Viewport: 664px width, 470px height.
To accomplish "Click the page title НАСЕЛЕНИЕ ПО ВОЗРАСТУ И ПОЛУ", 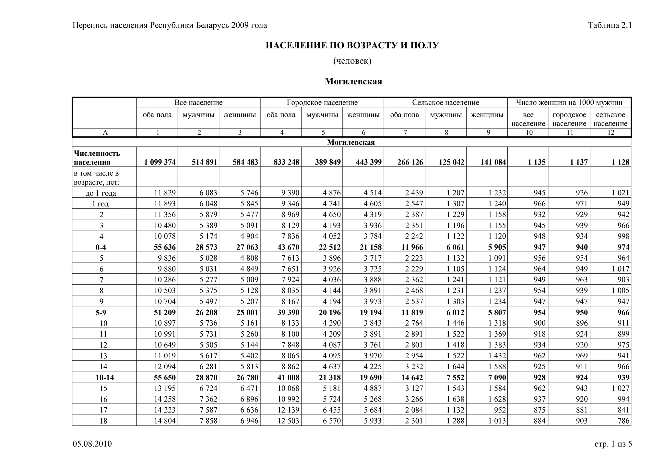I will coord(352,45).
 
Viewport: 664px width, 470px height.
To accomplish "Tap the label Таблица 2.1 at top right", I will coord(610,25).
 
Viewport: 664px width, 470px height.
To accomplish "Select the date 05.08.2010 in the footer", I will coord(92,444).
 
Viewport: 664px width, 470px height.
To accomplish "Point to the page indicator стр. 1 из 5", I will coord(613,444).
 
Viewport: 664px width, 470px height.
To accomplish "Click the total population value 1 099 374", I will coord(160,162).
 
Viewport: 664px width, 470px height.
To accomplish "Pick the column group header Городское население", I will coord(322,103).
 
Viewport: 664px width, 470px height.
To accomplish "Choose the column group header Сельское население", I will coord(445,103).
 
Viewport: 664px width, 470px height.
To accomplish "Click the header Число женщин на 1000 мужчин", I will coord(569,103).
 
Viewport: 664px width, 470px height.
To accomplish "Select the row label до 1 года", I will coord(101,193).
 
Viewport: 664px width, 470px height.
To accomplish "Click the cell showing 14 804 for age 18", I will coord(165,421).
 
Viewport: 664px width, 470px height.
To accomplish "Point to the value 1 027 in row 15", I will coord(620,388).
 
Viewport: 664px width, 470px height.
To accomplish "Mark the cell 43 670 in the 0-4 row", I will coord(286,247).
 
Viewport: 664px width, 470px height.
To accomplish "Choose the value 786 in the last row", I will coord(623,421).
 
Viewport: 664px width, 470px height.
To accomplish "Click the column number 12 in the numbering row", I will coord(611,132).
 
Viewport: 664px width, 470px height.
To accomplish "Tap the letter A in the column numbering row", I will coord(105,132).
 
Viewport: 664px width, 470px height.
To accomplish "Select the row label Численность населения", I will coord(97,158).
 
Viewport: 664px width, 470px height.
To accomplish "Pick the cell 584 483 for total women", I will coord(245,162).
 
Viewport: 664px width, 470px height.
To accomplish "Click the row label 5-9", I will coord(101,312).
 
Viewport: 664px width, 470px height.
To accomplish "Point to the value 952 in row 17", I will coord(499,410).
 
